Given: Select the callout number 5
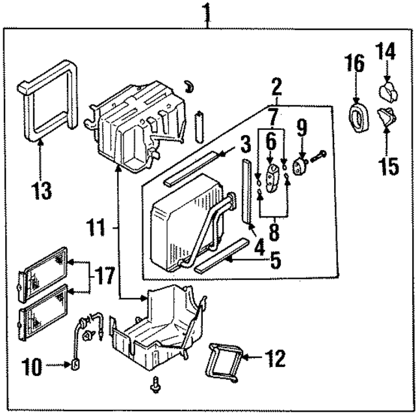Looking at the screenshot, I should pos(276,261).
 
